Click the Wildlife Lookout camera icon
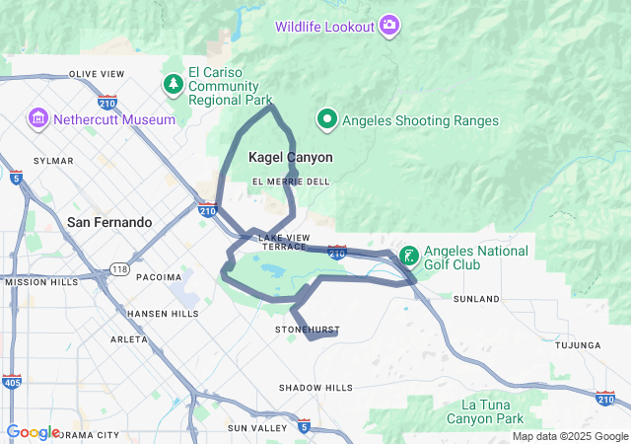click(389, 24)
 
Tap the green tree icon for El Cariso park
click(174, 85)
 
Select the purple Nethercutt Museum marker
click(38, 119)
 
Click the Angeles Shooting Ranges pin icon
click(327, 120)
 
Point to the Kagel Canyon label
click(290, 157)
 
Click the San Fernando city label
click(109, 222)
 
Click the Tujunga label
click(578, 345)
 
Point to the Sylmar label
click(53, 160)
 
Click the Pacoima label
click(159, 277)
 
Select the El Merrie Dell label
click(291, 182)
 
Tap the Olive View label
click(97, 74)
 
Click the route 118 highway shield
click(119, 269)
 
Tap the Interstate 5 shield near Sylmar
click(16, 178)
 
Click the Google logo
click(33, 432)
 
